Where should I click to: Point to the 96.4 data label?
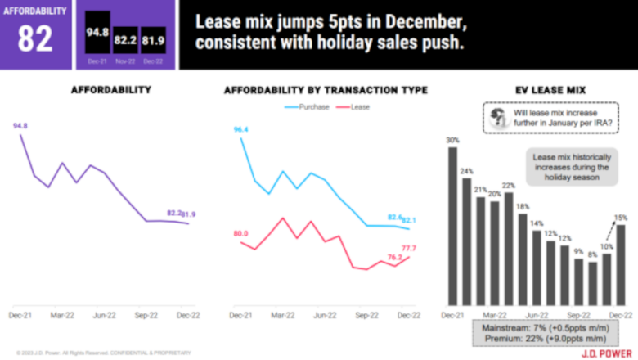point(240,129)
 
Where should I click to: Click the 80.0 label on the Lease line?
point(240,234)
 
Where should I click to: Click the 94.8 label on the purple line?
point(20,126)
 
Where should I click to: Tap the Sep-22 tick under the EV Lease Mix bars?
point(578,314)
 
